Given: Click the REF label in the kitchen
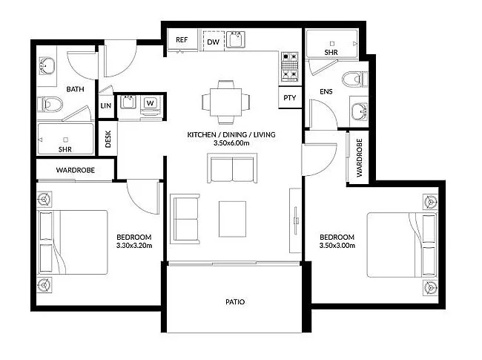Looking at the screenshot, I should pos(182,41).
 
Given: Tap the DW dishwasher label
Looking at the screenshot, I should pos(213,42).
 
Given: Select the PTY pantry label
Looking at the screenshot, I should pos(290,97).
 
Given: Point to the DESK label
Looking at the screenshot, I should pos(108,140).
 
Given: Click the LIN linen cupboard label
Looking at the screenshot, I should pos(105,106).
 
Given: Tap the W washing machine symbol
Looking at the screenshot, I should pos(150,102).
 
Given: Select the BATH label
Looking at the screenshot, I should pos(75,89).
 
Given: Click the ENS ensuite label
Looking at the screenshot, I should pos(325,91).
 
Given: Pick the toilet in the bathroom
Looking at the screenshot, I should pos(53,104).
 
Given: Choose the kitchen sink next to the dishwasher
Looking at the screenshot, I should pos(237,39).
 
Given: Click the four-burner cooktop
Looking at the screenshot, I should pos(289,65).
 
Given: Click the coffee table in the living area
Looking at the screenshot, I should pos(232,217).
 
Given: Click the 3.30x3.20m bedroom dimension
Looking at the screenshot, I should pos(134,244).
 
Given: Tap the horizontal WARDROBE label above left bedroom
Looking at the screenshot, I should pos(75,171).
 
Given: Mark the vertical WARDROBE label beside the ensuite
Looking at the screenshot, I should pos(359,157).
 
